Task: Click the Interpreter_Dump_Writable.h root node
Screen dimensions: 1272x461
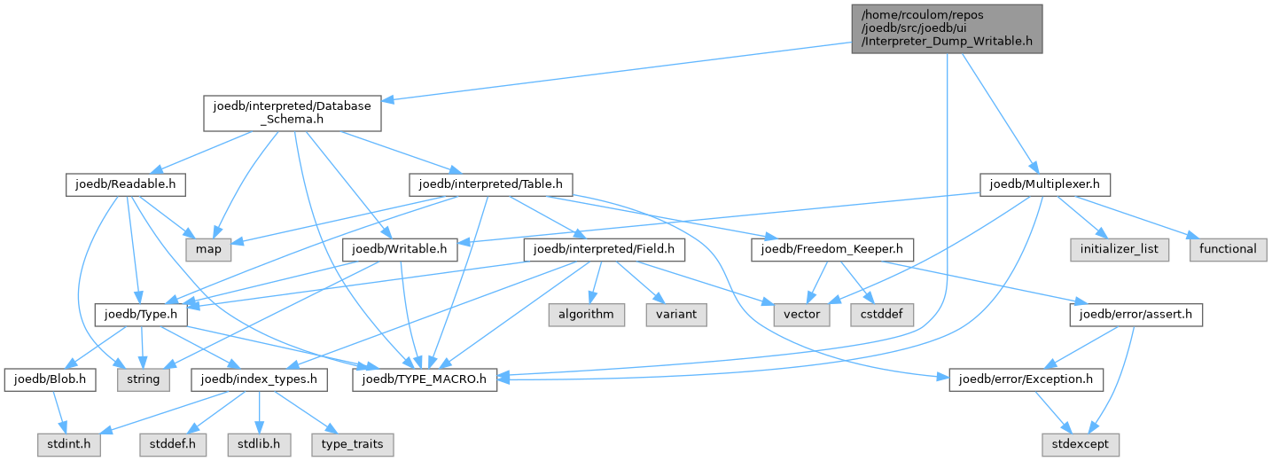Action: (x=947, y=29)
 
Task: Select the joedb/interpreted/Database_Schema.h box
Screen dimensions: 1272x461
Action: (x=293, y=113)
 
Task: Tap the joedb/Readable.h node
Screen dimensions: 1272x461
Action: (x=126, y=185)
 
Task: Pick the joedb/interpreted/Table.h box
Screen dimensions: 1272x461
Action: (x=491, y=185)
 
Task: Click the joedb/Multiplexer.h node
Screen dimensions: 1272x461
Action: (x=1045, y=185)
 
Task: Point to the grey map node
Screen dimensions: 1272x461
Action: (x=208, y=250)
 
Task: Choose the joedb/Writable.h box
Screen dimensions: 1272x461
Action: (x=400, y=250)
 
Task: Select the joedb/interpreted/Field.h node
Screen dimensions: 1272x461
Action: (x=605, y=250)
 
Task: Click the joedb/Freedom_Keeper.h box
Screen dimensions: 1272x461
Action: (x=832, y=250)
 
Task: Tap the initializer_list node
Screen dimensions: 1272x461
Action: (x=1120, y=250)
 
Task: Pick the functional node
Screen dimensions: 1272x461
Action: (x=1228, y=250)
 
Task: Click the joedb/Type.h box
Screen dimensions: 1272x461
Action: (x=141, y=315)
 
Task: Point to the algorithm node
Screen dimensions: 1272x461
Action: (x=587, y=315)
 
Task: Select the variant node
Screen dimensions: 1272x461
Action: (x=676, y=315)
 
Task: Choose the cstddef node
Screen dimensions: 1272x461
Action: (x=882, y=315)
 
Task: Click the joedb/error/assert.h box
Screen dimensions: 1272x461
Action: (x=1135, y=315)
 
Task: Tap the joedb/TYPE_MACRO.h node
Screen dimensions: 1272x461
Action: (x=425, y=379)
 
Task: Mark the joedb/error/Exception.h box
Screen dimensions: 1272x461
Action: (x=1026, y=379)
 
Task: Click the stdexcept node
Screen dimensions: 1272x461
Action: (x=1080, y=444)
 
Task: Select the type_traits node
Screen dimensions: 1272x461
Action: (x=352, y=444)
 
